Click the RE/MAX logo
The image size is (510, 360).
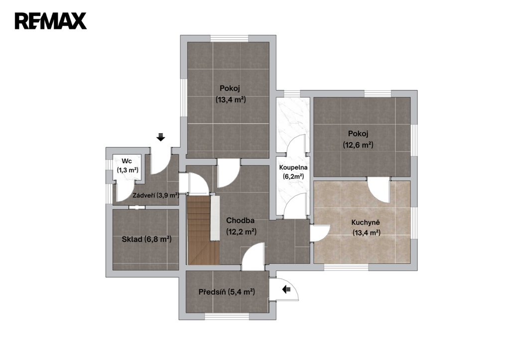(50, 21)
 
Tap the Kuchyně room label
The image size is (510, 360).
(366, 223)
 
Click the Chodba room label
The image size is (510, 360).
(240, 221)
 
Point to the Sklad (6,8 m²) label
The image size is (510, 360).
(146, 240)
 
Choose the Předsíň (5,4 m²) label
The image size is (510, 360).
(227, 292)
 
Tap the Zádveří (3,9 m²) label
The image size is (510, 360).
(156, 196)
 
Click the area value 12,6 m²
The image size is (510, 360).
(358, 145)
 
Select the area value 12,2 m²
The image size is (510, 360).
(242, 232)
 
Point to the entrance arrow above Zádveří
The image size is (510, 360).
(161, 137)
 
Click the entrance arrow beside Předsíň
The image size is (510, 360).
(286, 289)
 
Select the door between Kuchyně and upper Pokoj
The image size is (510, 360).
(379, 191)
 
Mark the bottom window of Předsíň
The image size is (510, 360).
(227, 316)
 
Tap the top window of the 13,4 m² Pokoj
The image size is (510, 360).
(229, 38)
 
